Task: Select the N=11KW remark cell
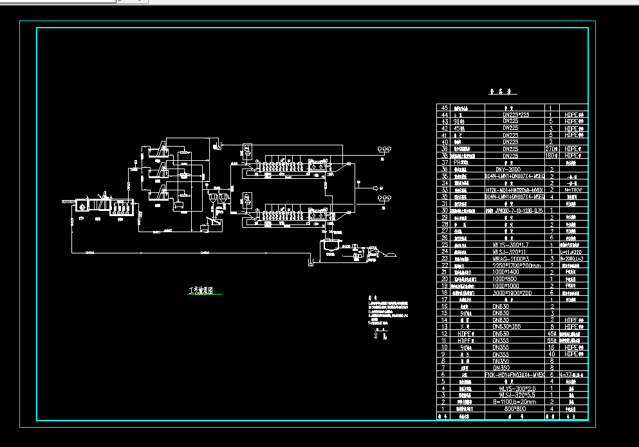(573, 190)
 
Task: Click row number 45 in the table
(443, 108)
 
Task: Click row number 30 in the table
(443, 210)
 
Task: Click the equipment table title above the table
(495, 92)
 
